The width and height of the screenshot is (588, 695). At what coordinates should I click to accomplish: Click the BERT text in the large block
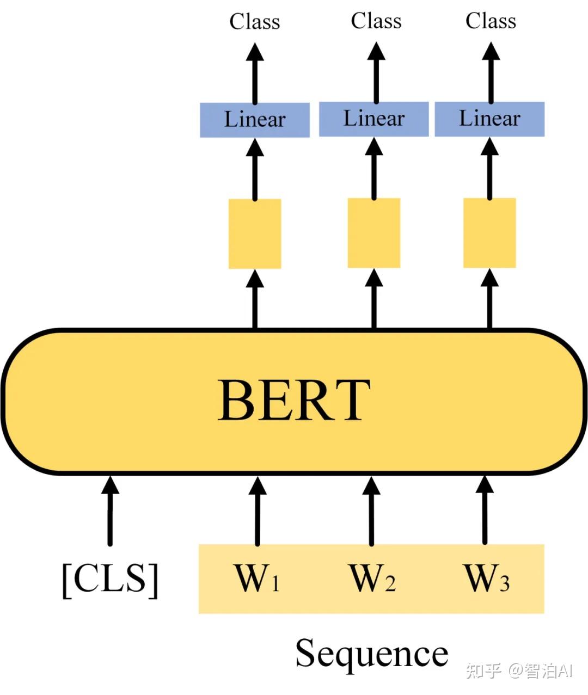point(294,401)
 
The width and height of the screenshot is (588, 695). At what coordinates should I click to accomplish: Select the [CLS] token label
point(110,579)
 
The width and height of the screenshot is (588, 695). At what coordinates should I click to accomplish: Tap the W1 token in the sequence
point(257,579)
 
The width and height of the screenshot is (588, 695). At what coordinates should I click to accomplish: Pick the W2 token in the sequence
point(372,579)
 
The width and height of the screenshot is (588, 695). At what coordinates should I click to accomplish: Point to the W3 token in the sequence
point(486,579)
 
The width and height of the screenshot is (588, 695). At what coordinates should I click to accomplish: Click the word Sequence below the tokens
point(372,654)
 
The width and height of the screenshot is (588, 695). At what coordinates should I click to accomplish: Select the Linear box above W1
point(255,120)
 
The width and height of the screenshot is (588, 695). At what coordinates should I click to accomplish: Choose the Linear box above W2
point(374,119)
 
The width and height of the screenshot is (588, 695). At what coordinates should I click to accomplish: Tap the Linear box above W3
point(489,119)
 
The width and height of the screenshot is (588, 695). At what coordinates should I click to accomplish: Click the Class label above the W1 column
point(255,22)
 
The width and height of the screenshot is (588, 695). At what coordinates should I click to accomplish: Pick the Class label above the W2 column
point(376,21)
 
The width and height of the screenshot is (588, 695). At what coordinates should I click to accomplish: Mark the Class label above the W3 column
point(491,21)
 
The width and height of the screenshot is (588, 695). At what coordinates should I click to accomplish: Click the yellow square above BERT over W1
point(255,233)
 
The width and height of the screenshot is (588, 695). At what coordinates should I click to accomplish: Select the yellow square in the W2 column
point(374,233)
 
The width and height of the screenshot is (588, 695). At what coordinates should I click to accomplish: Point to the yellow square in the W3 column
point(489,233)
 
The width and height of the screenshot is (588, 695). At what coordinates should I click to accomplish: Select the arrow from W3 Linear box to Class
point(491,73)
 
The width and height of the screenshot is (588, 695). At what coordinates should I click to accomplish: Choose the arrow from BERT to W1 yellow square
point(255,299)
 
